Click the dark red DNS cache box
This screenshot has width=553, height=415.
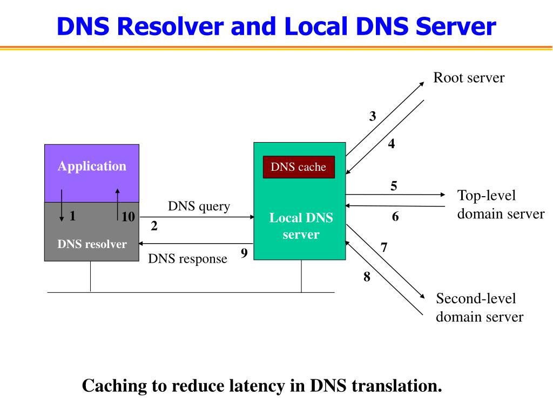click(x=299, y=167)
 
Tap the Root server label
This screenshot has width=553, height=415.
click(x=469, y=78)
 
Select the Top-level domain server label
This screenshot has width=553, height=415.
click(x=501, y=204)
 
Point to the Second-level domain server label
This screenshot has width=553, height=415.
click(x=480, y=307)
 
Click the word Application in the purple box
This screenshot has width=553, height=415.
click(x=92, y=166)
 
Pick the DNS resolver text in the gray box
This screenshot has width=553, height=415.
click(x=92, y=244)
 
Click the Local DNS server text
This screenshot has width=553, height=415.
click(x=301, y=226)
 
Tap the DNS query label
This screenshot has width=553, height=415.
click(x=199, y=206)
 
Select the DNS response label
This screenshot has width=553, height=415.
click(x=187, y=259)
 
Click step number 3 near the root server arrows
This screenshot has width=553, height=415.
click(x=373, y=116)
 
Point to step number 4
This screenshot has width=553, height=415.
click(x=392, y=144)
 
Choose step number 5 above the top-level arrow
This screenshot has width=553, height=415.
click(x=394, y=186)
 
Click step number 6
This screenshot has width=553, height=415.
click(x=395, y=216)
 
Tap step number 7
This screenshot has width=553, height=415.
click(x=384, y=247)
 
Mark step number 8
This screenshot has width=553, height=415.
click(x=367, y=277)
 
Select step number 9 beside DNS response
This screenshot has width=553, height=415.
click(x=244, y=253)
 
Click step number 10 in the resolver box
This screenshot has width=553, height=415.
click(x=128, y=216)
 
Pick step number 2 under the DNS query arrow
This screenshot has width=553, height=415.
click(x=154, y=226)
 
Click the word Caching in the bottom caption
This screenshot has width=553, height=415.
click(x=114, y=386)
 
